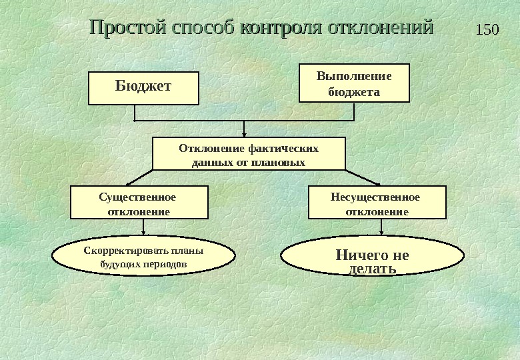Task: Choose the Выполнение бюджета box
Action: tap(354, 83)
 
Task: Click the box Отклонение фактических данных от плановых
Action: tap(249, 154)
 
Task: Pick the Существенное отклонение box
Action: tap(139, 203)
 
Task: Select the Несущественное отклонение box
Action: tap(377, 203)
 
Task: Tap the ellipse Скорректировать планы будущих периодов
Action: tap(143, 257)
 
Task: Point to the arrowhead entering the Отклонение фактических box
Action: tap(245, 133)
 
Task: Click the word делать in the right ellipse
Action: tap(373, 269)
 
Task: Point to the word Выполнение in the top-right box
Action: tap(354, 75)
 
